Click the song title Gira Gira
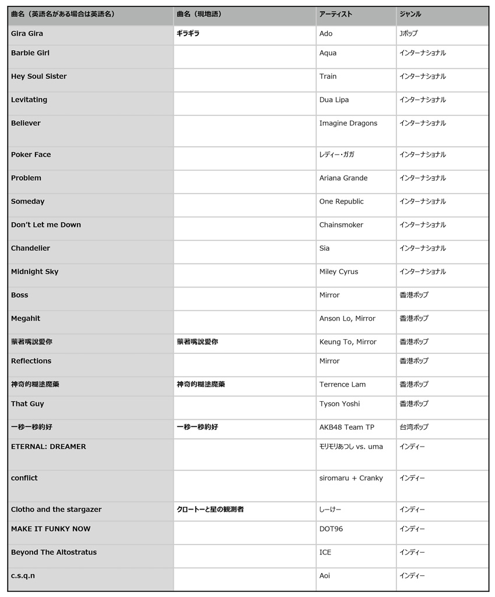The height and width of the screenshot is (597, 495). pos(27,34)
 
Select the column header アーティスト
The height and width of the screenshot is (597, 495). pos(335,14)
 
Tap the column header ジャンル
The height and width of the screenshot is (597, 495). pos(410,14)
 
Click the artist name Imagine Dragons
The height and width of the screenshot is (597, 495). pos(348,123)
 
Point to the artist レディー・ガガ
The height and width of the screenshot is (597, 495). pos(336,154)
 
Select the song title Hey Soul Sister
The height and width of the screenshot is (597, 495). pos(38,76)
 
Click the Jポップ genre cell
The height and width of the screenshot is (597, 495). pos(409,34)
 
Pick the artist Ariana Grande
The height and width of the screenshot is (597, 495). pos(343,178)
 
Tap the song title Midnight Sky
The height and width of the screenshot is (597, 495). pos(34,272)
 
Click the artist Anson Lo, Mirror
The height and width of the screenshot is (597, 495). pos(347,318)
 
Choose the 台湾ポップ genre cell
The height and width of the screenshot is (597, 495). pos(414,427)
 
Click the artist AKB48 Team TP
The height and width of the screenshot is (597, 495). pos(346,427)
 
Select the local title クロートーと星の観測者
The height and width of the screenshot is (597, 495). pos(210,510)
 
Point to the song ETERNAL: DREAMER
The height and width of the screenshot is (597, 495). pos(48,447)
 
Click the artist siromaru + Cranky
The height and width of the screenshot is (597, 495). pos(351,478)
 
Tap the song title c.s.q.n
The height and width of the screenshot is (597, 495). pos(23,575)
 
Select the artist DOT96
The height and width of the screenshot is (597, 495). pos(331,529)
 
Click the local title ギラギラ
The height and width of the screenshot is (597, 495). pos(188,34)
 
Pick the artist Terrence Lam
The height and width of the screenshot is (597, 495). pos(342,384)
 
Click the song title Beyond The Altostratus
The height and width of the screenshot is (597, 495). pos(54,552)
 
